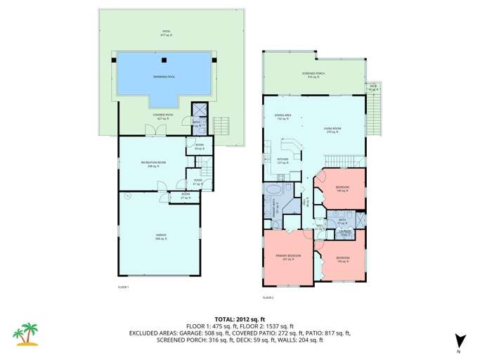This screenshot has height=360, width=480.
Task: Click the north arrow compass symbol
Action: coord(458,341)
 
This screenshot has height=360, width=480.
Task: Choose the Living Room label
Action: coord(332,129)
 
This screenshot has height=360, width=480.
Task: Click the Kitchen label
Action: coord(283,160)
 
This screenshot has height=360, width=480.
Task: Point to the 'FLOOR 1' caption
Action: coord(123,287)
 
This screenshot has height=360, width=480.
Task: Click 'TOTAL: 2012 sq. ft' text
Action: coord(240,318)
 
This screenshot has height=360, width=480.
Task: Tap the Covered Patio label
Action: coord(163,117)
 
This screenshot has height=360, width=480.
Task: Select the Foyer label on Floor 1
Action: coord(197,182)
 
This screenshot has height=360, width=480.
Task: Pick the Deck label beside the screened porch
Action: coord(373,88)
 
